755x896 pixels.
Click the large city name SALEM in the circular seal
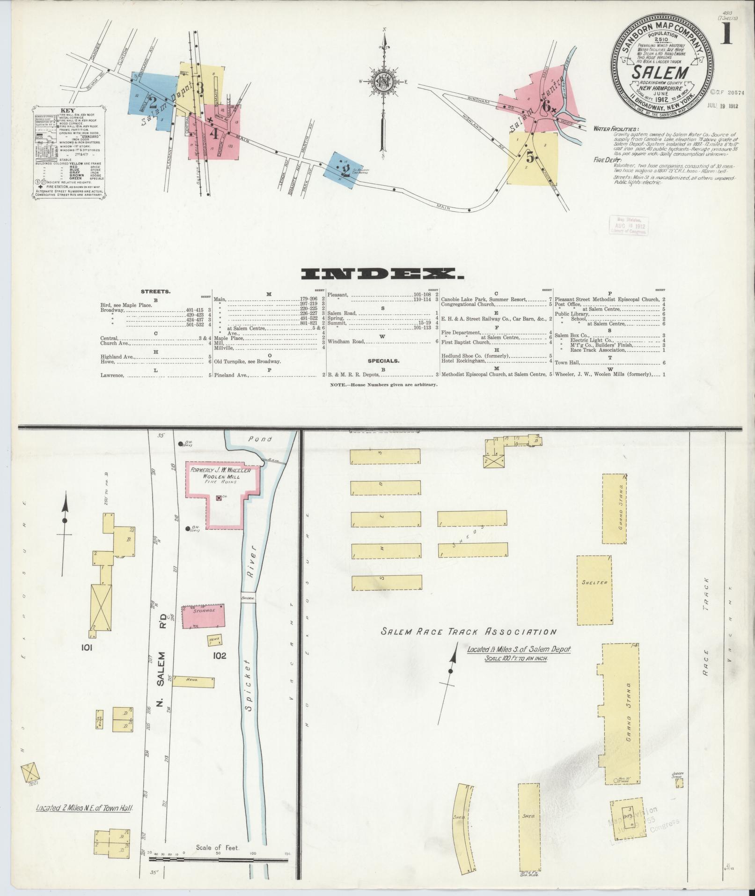660,73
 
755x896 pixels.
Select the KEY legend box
69,153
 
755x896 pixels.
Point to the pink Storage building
203,615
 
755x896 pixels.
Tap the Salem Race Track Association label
469,632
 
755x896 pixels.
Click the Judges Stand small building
679,782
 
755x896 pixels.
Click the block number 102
219,655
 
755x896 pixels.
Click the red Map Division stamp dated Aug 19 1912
628,225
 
